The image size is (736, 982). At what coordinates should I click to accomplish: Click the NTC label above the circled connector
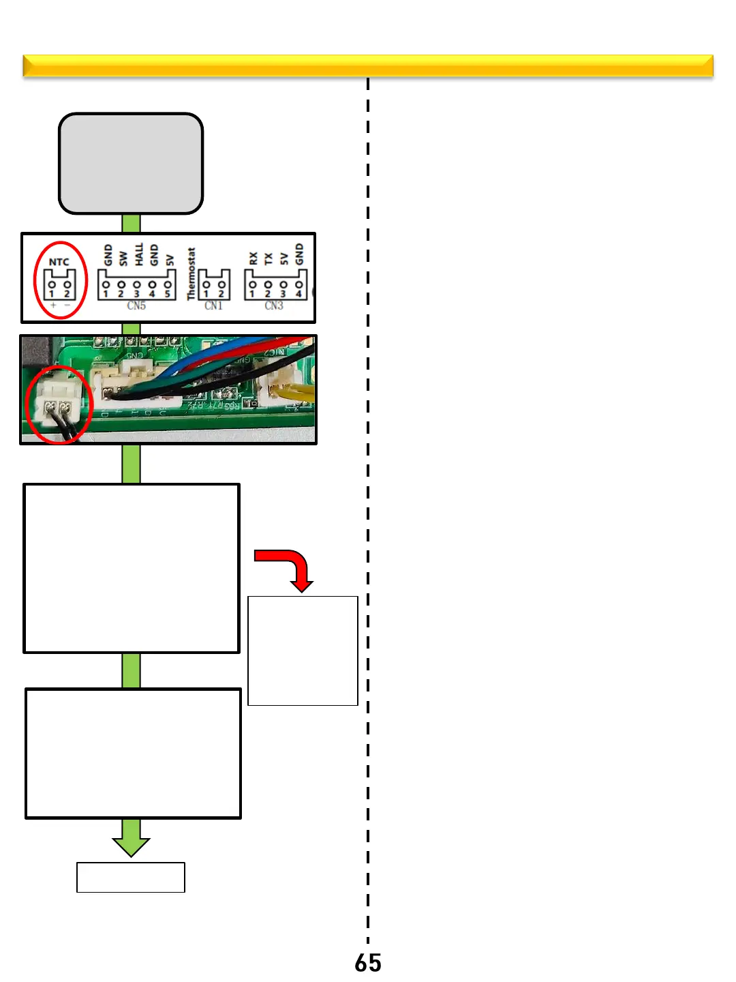pos(59,262)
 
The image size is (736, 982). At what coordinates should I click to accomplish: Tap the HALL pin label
pos(139,254)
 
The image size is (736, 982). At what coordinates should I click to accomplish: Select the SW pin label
pos(123,258)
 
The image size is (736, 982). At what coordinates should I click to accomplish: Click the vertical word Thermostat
pos(191,273)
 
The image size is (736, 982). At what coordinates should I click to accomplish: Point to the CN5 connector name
pos(136,306)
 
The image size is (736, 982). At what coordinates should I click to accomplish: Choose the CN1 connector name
pos(213,306)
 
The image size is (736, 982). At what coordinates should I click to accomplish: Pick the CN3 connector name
pos(274,306)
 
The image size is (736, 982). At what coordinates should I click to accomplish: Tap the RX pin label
pos(254,258)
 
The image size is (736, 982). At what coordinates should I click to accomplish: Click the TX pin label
pos(269,258)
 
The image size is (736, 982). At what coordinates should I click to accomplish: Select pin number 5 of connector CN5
pos(168,294)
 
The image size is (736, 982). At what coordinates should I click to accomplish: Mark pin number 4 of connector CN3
pos(298,294)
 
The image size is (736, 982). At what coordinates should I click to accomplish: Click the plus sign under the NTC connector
pos(53,305)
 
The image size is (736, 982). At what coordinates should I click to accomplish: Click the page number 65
pos(368,963)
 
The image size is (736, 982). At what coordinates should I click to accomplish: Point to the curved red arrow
pos(289,566)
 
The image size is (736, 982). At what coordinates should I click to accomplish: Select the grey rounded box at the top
pos(131,164)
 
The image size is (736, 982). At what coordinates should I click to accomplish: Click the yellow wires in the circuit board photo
pos(296,392)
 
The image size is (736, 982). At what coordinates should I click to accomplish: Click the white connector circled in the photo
pos(57,399)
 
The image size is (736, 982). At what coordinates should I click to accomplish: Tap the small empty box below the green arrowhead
pos(131,877)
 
